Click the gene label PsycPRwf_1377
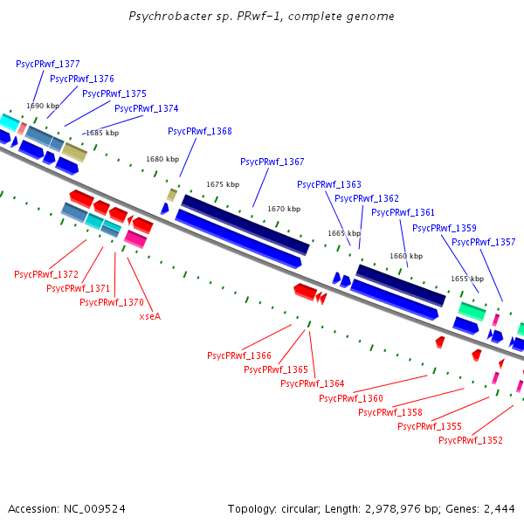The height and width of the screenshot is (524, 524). point(48,64)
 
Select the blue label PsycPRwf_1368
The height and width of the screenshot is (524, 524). point(200,131)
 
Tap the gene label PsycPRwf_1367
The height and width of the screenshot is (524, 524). point(272,162)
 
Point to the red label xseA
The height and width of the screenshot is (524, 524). point(150,316)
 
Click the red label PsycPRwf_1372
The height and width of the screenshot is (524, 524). point(46,274)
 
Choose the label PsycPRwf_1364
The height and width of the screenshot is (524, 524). point(312,383)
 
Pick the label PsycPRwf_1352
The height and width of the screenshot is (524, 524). point(471,440)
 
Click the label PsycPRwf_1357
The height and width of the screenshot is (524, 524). point(483,242)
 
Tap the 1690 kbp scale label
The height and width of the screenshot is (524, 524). point(43,106)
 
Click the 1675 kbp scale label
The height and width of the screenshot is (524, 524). point(223,184)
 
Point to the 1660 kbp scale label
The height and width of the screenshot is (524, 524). point(406,256)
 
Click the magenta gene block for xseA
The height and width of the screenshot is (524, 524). point(135,238)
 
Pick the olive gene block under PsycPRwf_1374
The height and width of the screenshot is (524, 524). point(74,152)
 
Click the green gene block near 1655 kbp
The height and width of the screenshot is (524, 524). point(472,311)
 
